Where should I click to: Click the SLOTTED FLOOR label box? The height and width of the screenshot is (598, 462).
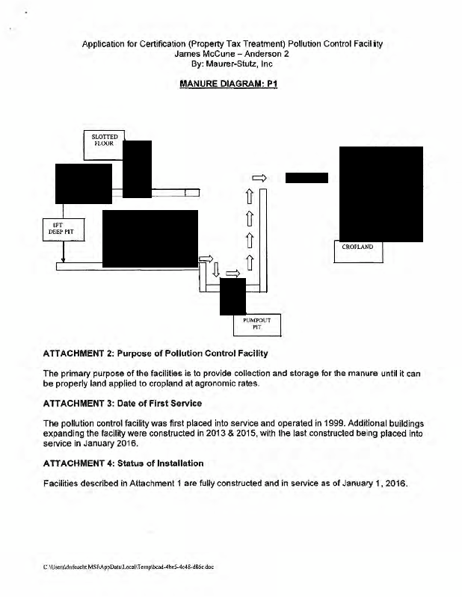pyautogui.click(x=102, y=139)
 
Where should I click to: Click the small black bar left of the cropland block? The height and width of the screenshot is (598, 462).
pyautogui.click(x=306, y=177)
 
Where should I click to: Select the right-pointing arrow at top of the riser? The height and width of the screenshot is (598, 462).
pyautogui.click(x=259, y=177)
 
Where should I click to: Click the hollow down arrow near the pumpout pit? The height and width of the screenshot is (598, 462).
pyautogui.click(x=216, y=267)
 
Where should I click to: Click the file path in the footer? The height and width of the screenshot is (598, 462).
pyautogui.click(x=133, y=567)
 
